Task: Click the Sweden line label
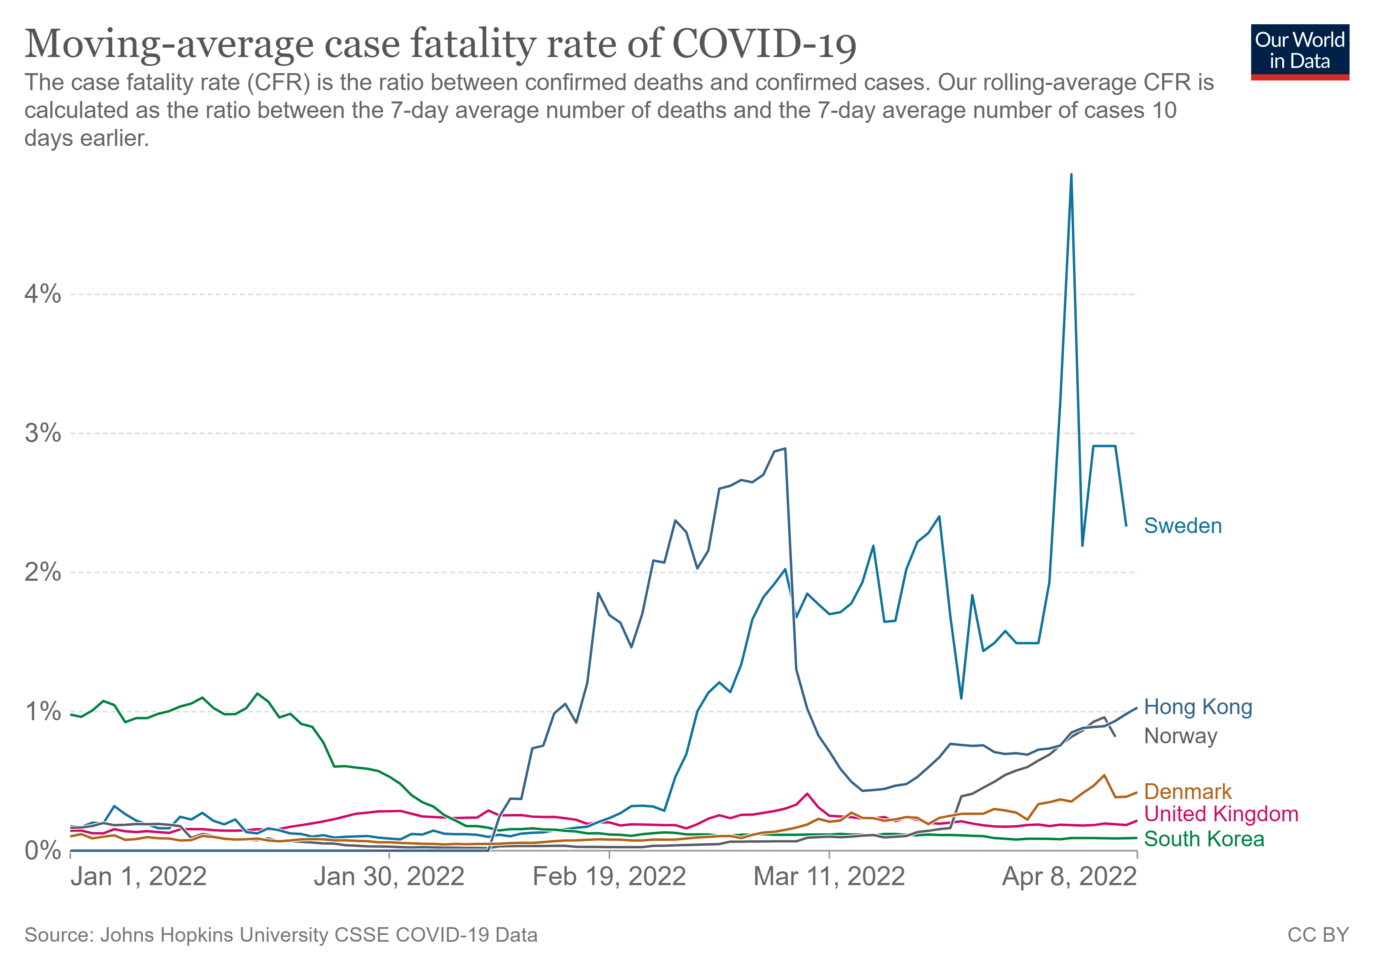pos(1182,526)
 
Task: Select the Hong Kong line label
pos(1197,707)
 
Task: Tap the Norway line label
pos(1180,736)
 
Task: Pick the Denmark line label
pos(1187,792)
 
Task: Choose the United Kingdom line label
pos(1221,814)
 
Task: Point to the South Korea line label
pos(1203,839)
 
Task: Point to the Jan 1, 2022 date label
pos(138,877)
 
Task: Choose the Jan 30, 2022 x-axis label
pos(389,877)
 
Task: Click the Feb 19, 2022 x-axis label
pos(609,877)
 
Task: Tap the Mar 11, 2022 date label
pos(829,877)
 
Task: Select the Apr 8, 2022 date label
pos(1069,877)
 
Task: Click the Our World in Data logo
pos(1300,52)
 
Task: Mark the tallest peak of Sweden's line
pos(1071,175)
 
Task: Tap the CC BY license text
pos(1318,935)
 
